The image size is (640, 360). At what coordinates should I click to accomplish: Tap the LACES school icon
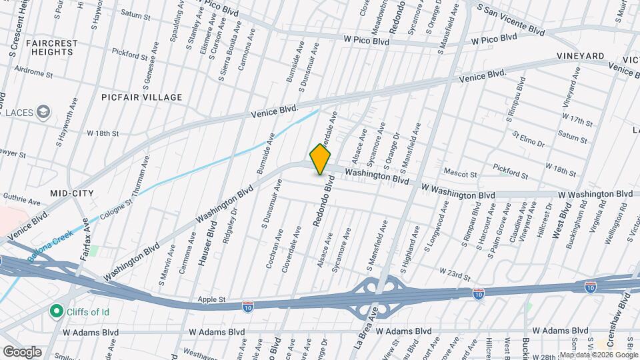point(45,111)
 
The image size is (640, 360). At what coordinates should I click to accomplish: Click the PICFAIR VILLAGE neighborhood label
point(142,97)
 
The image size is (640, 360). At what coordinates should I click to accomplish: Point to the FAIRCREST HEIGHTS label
point(53,47)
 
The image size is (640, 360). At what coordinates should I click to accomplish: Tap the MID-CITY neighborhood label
point(72,193)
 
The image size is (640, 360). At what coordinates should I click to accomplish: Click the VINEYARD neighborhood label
point(581,56)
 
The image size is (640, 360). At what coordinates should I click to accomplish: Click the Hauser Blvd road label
point(206,247)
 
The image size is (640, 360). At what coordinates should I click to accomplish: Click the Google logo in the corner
point(22,351)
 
